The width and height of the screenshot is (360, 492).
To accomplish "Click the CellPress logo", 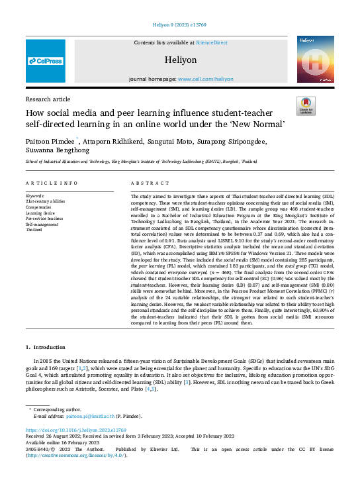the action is tap(46, 61).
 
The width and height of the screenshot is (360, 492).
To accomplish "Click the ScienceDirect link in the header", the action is tap(211, 42).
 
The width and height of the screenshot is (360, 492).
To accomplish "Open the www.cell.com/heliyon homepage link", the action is tap(210, 78).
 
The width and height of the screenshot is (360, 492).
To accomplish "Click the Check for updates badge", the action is tap(306, 105).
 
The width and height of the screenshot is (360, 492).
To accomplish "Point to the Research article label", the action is tap(47, 98).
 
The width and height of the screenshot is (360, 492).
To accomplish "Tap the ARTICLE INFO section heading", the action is tap(52, 183).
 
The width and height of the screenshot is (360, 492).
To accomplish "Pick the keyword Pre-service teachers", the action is tap(44, 219).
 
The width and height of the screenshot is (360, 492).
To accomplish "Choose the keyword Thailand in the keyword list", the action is tap(34, 229).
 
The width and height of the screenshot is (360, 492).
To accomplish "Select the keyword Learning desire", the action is tap(42, 213).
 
